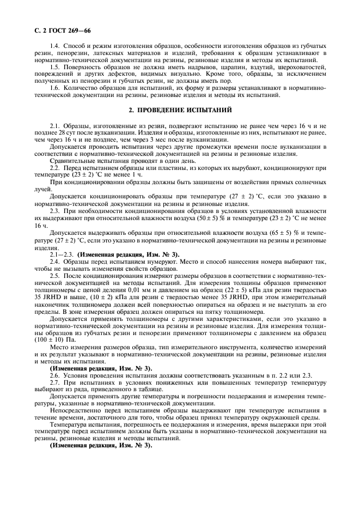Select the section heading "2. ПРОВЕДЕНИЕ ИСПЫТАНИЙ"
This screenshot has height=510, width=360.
pos(180,110)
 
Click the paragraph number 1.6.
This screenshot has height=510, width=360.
pos(54,88)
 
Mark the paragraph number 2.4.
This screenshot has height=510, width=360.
pos(54,262)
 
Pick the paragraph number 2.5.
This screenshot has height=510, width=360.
pos(54,277)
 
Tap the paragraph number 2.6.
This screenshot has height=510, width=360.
pos(54,376)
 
